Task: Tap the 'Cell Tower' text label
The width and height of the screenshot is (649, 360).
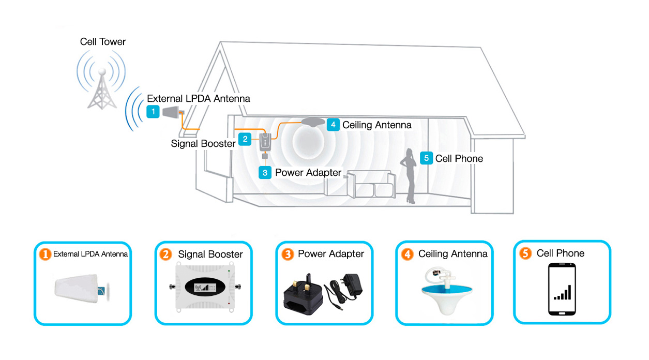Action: pyautogui.click(x=103, y=42)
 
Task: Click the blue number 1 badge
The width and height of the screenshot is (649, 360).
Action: pyautogui.click(x=153, y=112)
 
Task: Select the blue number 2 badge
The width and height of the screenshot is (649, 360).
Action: pyautogui.click(x=245, y=139)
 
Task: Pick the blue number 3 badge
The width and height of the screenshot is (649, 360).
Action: pyautogui.click(x=265, y=173)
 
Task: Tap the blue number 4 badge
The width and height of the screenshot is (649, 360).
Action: pyautogui.click(x=333, y=125)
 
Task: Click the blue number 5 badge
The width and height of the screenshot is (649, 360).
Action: pyautogui.click(x=426, y=158)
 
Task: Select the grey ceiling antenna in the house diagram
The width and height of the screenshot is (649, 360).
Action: pyautogui.click(x=313, y=122)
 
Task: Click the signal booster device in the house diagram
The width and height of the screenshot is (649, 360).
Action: pyautogui.click(x=265, y=142)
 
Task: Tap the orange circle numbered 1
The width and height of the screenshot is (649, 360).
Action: pyautogui.click(x=45, y=254)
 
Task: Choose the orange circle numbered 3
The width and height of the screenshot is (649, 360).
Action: pyautogui.click(x=288, y=254)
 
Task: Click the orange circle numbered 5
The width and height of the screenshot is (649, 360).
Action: pyautogui.click(x=525, y=253)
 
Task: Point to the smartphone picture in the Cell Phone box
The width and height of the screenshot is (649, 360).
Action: pyautogui.click(x=562, y=289)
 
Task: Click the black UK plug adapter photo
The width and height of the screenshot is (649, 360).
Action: pyautogui.click(x=303, y=295)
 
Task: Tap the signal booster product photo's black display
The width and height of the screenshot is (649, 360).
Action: pyautogui.click(x=205, y=287)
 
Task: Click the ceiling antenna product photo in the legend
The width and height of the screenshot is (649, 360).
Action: pyautogui.click(x=446, y=291)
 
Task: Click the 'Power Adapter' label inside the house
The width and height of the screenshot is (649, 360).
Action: pyautogui.click(x=308, y=172)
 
